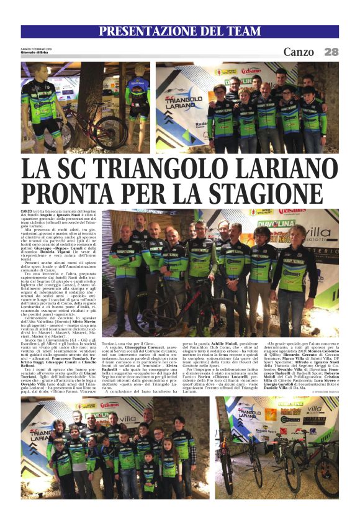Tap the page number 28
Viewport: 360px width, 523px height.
[x=331, y=52]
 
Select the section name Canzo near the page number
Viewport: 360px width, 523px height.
[x=299, y=52]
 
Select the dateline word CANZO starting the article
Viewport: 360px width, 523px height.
[x=27, y=212]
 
